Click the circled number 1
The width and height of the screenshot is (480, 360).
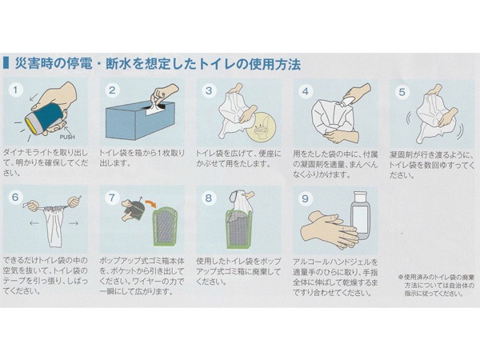coord(16,90)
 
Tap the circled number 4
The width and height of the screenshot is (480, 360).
coord(306,91)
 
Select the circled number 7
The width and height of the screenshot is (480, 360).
coord(112,198)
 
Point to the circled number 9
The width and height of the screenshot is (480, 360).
coord(306,198)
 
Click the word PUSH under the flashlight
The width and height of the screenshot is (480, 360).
coord(67,137)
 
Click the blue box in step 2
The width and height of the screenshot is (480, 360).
coord(140,121)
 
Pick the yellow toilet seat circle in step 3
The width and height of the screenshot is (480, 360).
coord(261,126)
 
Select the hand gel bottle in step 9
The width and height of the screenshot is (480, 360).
coord(361,215)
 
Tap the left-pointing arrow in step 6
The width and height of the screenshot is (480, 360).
coord(34,223)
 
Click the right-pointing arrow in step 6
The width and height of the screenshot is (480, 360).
coord(74,223)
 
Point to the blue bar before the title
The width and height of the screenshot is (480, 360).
coord(6,62)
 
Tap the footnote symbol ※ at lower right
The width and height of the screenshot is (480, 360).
coord(401,278)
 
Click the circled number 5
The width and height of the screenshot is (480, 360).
coord(402,92)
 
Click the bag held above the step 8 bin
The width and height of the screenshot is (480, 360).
coord(241,203)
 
